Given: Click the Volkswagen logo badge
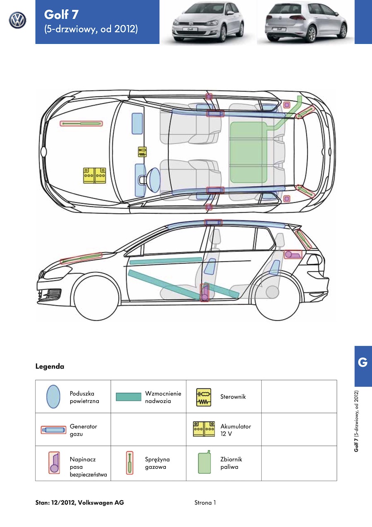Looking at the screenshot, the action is pyautogui.click(x=17, y=20).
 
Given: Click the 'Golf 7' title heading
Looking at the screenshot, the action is pyautogui.click(x=61, y=14).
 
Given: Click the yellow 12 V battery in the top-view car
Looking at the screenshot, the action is pyautogui.click(x=95, y=175).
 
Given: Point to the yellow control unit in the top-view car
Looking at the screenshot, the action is pyautogui.click(x=142, y=152).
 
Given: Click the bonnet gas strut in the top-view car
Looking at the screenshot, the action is pyautogui.click(x=81, y=124).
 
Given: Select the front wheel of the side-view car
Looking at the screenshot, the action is pyautogui.click(x=97, y=297).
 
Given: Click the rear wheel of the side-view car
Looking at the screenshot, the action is pyautogui.click(x=277, y=297).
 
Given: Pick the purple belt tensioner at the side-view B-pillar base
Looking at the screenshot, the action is pyautogui.click(x=204, y=292).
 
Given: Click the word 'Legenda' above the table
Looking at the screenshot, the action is pyautogui.click(x=50, y=367).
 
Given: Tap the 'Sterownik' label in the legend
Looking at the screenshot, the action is pyautogui.click(x=233, y=397).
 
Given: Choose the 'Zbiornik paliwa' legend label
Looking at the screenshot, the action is pyautogui.click(x=231, y=463).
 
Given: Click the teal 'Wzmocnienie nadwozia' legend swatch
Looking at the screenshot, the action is pyautogui.click(x=129, y=397).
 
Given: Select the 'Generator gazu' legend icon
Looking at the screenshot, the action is pyautogui.click(x=53, y=430).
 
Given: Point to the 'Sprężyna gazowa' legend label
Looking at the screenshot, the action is pyautogui.click(x=157, y=463).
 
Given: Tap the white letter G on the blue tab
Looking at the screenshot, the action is pyautogui.click(x=362, y=362).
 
